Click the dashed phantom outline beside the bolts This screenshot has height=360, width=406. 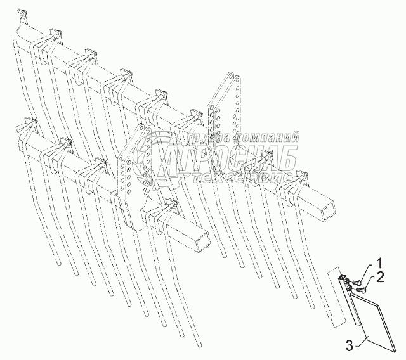pos(335,298)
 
